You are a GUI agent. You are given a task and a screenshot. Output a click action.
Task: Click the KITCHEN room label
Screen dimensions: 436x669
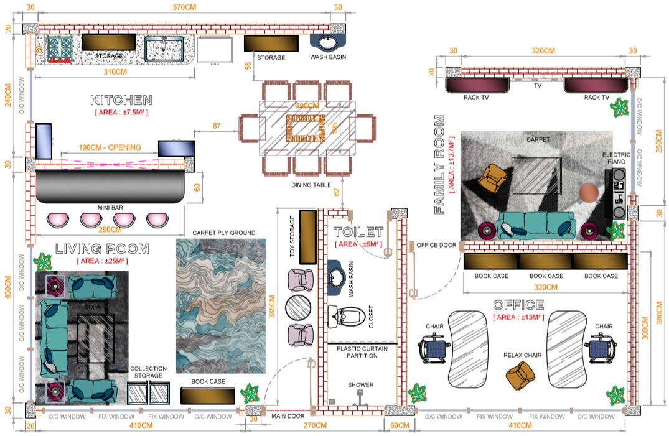pyautogui.click(x=121, y=100)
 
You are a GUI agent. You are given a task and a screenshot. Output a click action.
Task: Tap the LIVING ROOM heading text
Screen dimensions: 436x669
pyautogui.click(x=103, y=249)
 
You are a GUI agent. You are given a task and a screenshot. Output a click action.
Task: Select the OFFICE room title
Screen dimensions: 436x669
pyautogui.click(x=518, y=305)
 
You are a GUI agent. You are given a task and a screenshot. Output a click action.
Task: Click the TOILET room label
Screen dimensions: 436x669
pyautogui.click(x=358, y=233)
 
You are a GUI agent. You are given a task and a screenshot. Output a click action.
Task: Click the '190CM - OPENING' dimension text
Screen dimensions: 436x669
pyautogui.click(x=110, y=147)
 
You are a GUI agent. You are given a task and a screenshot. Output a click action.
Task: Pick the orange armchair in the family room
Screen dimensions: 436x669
pyautogui.click(x=494, y=177)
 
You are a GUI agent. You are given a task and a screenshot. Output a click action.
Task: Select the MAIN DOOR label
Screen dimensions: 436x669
pyautogui.click(x=288, y=415)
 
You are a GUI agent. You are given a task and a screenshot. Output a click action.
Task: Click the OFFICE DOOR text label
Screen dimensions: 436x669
pyautogui.click(x=436, y=245)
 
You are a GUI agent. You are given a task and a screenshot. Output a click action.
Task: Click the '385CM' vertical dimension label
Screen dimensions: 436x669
pyautogui.click(x=272, y=306)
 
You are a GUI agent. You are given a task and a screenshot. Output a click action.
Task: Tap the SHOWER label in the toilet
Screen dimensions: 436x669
pyautogui.click(x=360, y=385)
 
